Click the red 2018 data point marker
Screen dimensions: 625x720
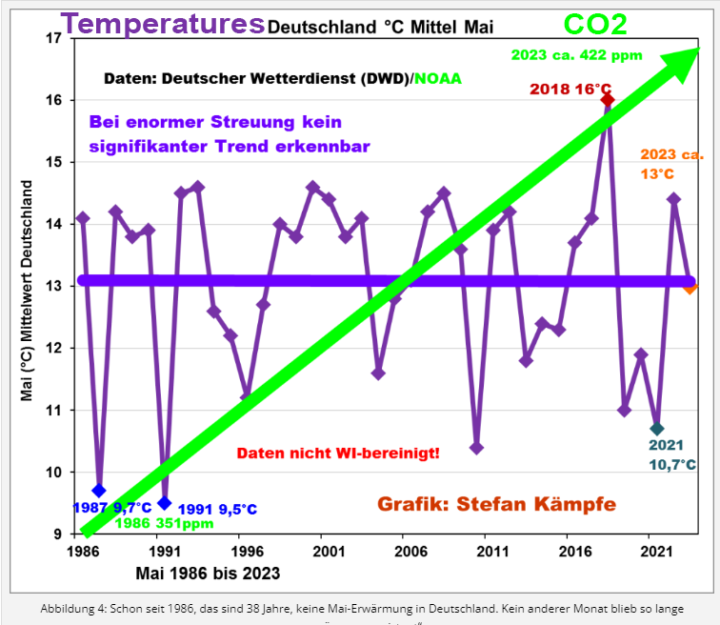point(608,100)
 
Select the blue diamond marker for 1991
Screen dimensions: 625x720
point(165,502)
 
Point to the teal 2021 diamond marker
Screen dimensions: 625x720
point(657,429)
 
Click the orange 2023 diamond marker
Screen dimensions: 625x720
point(690,286)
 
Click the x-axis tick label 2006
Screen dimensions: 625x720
point(409,551)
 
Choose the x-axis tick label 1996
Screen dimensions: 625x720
point(246,551)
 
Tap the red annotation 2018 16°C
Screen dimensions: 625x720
point(571,90)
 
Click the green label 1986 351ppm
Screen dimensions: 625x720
point(163,522)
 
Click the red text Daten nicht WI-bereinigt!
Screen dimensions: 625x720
point(338,454)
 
